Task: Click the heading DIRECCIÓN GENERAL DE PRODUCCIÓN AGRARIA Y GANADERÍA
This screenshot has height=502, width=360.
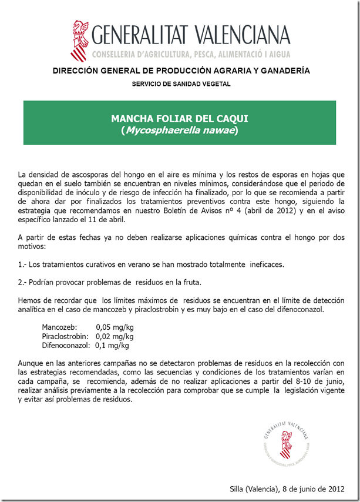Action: (181, 71)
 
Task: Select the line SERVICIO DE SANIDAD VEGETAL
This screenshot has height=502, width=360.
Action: (181, 84)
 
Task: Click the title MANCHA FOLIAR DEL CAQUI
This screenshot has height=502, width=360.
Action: (180, 119)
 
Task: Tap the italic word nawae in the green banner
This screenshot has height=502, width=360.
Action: (215, 130)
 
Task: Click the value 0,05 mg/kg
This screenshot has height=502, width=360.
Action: (115, 327)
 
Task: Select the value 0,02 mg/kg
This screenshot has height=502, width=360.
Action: (115, 336)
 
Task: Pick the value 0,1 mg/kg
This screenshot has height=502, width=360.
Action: (112, 346)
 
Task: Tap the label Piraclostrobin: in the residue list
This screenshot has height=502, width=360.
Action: (66, 336)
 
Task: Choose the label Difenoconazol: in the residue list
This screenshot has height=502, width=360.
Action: (66, 346)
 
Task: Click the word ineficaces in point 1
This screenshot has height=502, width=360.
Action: (265, 264)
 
